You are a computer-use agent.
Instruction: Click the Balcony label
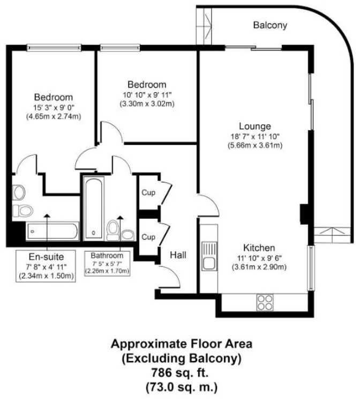[x=270, y=25]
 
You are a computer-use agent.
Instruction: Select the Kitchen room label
[x=259, y=248]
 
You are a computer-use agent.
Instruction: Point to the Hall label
[x=178, y=255]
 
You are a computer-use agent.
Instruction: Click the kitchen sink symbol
[x=208, y=256]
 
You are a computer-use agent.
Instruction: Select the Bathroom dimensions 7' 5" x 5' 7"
[x=110, y=264]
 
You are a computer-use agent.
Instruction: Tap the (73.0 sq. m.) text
[x=181, y=383]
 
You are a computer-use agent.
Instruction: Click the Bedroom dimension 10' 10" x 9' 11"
[x=147, y=94]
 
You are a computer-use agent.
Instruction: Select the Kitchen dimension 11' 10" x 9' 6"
[x=259, y=257]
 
